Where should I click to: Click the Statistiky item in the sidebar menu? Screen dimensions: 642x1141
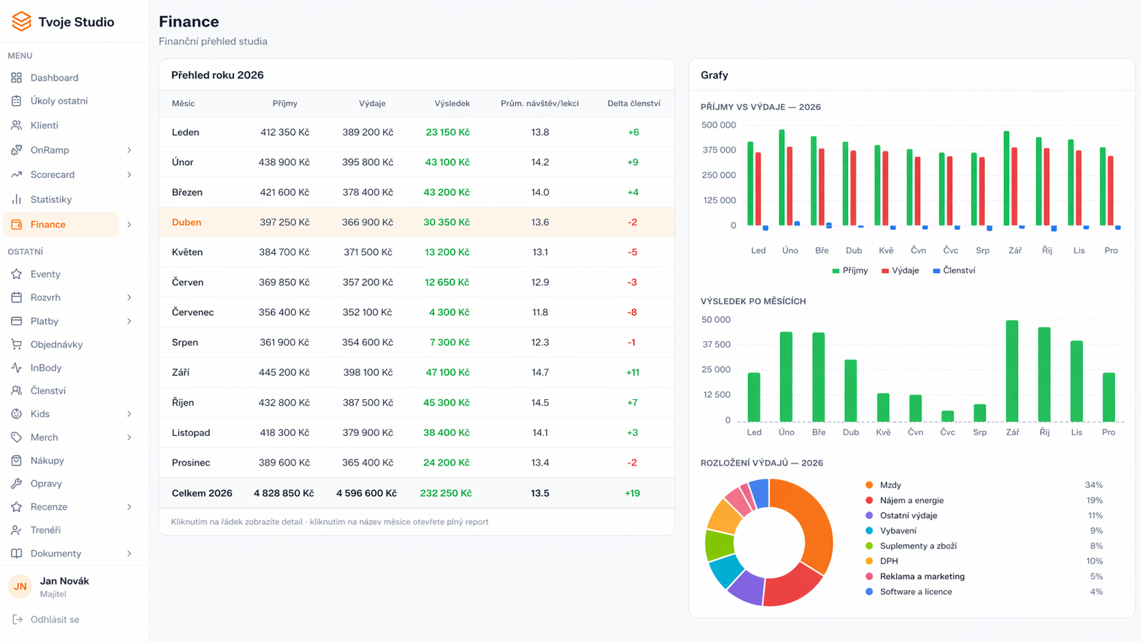click(x=50, y=199)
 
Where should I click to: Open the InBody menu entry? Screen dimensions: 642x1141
click(x=46, y=368)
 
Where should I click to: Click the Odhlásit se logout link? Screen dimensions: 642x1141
click(x=54, y=619)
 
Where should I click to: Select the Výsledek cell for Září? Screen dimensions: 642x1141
click(x=447, y=373)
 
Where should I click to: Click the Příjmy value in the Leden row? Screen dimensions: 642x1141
click(x=285, y=132)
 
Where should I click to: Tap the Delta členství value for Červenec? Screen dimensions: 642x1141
click(x=632, y=312)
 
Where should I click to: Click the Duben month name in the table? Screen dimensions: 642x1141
click(x=186, y=222)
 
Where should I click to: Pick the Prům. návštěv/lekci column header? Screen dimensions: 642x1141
click(x=539, y=104)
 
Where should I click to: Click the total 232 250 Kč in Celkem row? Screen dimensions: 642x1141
click(x=446, y=493)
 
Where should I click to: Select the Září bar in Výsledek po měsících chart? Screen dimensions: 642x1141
click(x=1012, y=372)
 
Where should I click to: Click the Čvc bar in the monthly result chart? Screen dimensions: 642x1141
click(x=947, y=416)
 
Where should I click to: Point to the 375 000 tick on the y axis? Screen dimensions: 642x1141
click(x=719, y=150)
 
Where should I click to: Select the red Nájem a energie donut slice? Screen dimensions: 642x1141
click(x=793, y=586)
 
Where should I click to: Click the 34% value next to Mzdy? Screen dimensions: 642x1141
click(x=1093, y=485)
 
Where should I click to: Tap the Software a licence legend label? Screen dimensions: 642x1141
click(x=916, y=592)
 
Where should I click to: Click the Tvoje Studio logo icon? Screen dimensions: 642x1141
click(x=21, y=22)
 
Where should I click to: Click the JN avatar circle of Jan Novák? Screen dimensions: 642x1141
click(x=20, y=586)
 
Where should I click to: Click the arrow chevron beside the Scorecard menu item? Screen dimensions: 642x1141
click(x=129, y=175)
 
